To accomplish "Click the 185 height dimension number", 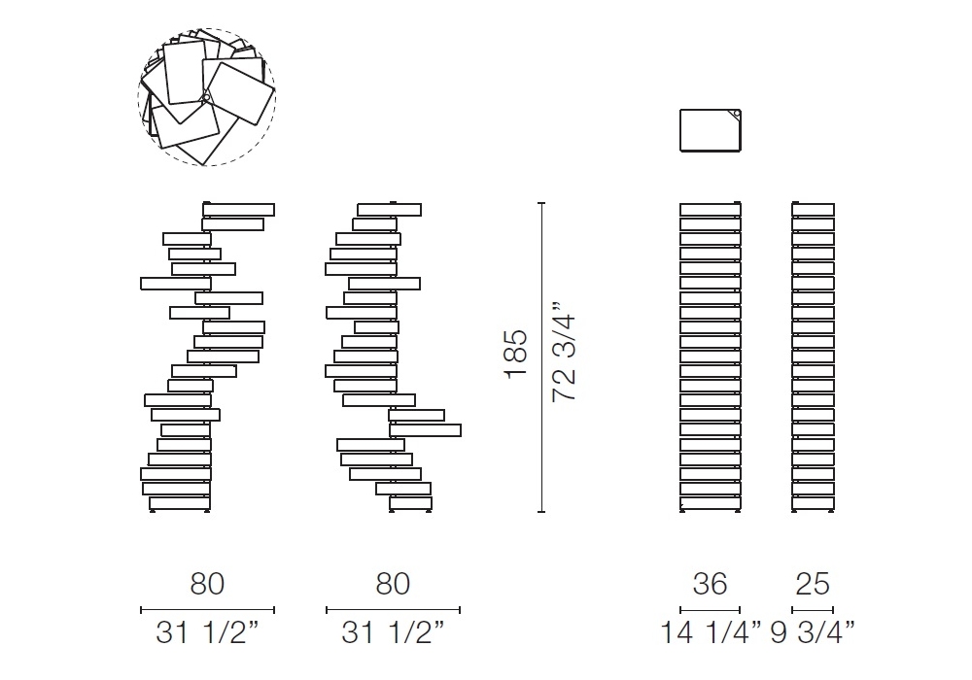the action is click(x=516, y=354).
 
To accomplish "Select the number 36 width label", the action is click(x=710, y=584).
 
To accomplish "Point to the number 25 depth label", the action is click(x=813, y=584).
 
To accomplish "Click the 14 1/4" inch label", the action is click(x=711, y=633).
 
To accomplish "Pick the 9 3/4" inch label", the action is click(x=813, y=633).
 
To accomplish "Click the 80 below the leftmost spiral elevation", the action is click(x=207, y=584).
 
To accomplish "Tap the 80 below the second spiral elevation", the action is click(x=393, y=584).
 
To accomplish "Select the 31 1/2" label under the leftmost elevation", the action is click(x=207, y=633).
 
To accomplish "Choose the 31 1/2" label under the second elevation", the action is click(x=393, y=633).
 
